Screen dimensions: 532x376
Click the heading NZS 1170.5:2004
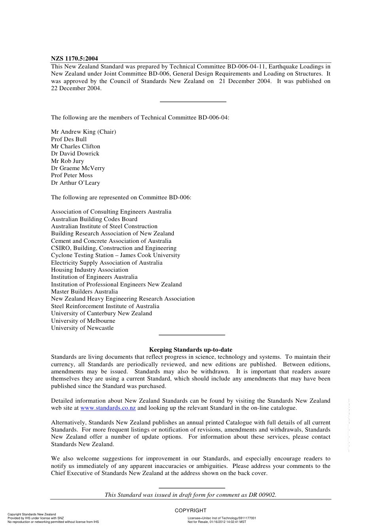pos(74,59)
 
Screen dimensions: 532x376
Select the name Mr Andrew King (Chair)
pos(84,132)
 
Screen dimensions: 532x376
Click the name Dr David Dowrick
pos(75,153)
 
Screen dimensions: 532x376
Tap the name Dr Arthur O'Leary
pos(76,183)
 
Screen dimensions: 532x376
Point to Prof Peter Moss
pos(72,175)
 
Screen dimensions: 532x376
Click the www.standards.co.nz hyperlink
pos(108,408)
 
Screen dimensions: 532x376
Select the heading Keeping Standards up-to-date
pos(191,350)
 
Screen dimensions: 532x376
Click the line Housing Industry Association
pos(90,270)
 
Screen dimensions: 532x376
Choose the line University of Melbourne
pos(83,321)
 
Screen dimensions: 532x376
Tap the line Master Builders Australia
pos(84,292)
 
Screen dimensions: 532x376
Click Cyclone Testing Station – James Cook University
pos(116,255)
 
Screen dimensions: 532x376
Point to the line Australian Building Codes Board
pos(94,219)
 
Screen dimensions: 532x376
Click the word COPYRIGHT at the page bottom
pos(191,510)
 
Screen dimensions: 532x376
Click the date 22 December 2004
pos(76,88)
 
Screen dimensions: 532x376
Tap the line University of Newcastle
pos(82,328)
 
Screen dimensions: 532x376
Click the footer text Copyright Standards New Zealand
pos(32,515)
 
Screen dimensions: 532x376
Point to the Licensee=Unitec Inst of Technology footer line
pos(222,518)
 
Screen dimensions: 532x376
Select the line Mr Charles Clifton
pos(76,146)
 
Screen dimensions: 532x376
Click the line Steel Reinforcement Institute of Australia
pos(105,306)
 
